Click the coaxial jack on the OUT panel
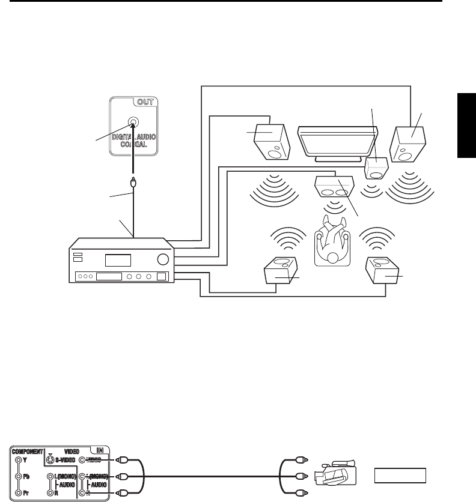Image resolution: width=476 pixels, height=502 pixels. (133, 126)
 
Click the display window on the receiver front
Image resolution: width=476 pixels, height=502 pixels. (118, 261)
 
